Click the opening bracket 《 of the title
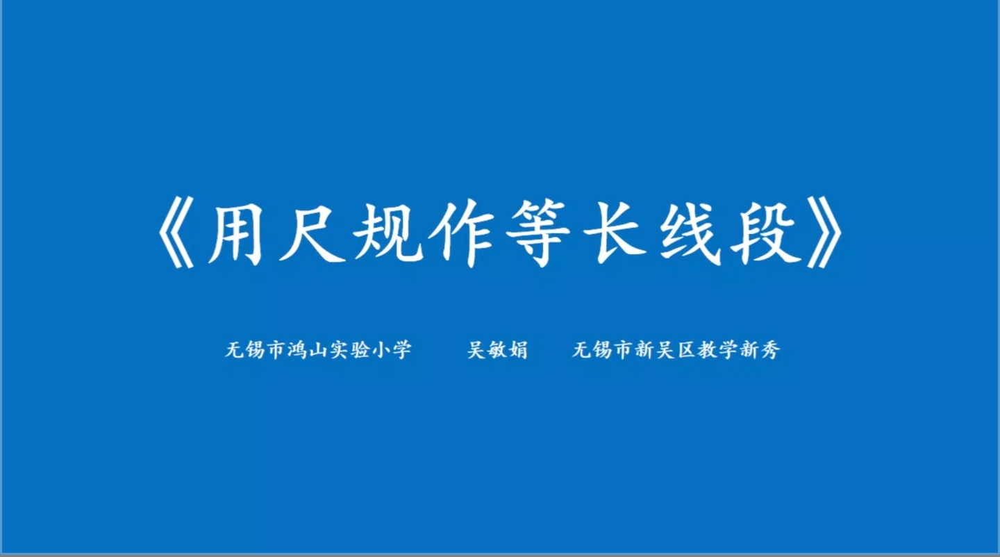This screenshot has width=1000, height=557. pyautogui.click(x=177, y=233)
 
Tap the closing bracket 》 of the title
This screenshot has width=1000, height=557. pyautogui.click(x=824, y=233)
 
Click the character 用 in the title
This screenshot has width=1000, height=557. pyautogui.click(x=235, y=233)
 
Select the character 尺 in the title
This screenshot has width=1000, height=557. pyautogui.click(x=312, y=233)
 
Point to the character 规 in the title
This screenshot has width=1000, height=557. pyautogui.click(x=387, y=233)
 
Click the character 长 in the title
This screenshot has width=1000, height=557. pyautogui.click(x=615, y=233)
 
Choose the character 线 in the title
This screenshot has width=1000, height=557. pyautogui.click(x=690, y=233)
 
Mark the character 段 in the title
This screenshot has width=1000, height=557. pyautogui.click(x=765, y=233)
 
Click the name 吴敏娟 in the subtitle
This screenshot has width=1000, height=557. pyautogui.click(x=497, y=350)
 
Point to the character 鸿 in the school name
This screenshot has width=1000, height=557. pyautogui.click(x=297, y=350)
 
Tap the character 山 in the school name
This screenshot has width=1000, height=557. pyautogui.click(x=318, y=350)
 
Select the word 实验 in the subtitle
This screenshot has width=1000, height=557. pyautogui.click(x=349, y=350)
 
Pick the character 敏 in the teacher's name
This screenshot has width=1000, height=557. pyautogui.click(x=497, y=350)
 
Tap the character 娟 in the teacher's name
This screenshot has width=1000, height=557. pyautogui.click(x=518, y=350)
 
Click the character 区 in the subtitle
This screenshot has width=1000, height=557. pyautogui.click(x=687, y=350)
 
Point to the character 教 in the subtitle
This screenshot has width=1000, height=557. pyautogui.click(x=708, y=350)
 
